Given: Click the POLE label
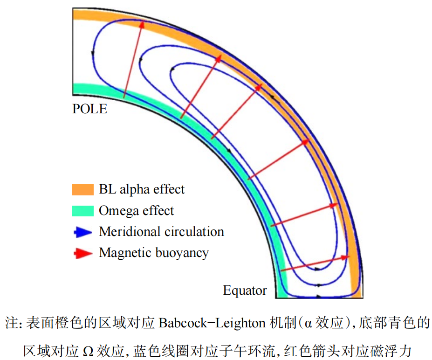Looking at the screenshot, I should pos(89,109).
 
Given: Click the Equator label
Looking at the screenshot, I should pos(245,291).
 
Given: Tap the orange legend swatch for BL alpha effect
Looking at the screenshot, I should pos(83,190).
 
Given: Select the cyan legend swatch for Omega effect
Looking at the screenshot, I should pos(83,211).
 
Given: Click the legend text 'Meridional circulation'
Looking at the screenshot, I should pos(161,232).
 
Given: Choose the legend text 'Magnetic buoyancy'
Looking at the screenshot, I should pos(154,253).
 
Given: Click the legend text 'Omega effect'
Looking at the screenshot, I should pos(136,211).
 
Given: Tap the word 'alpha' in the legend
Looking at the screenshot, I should pos(135,190).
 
